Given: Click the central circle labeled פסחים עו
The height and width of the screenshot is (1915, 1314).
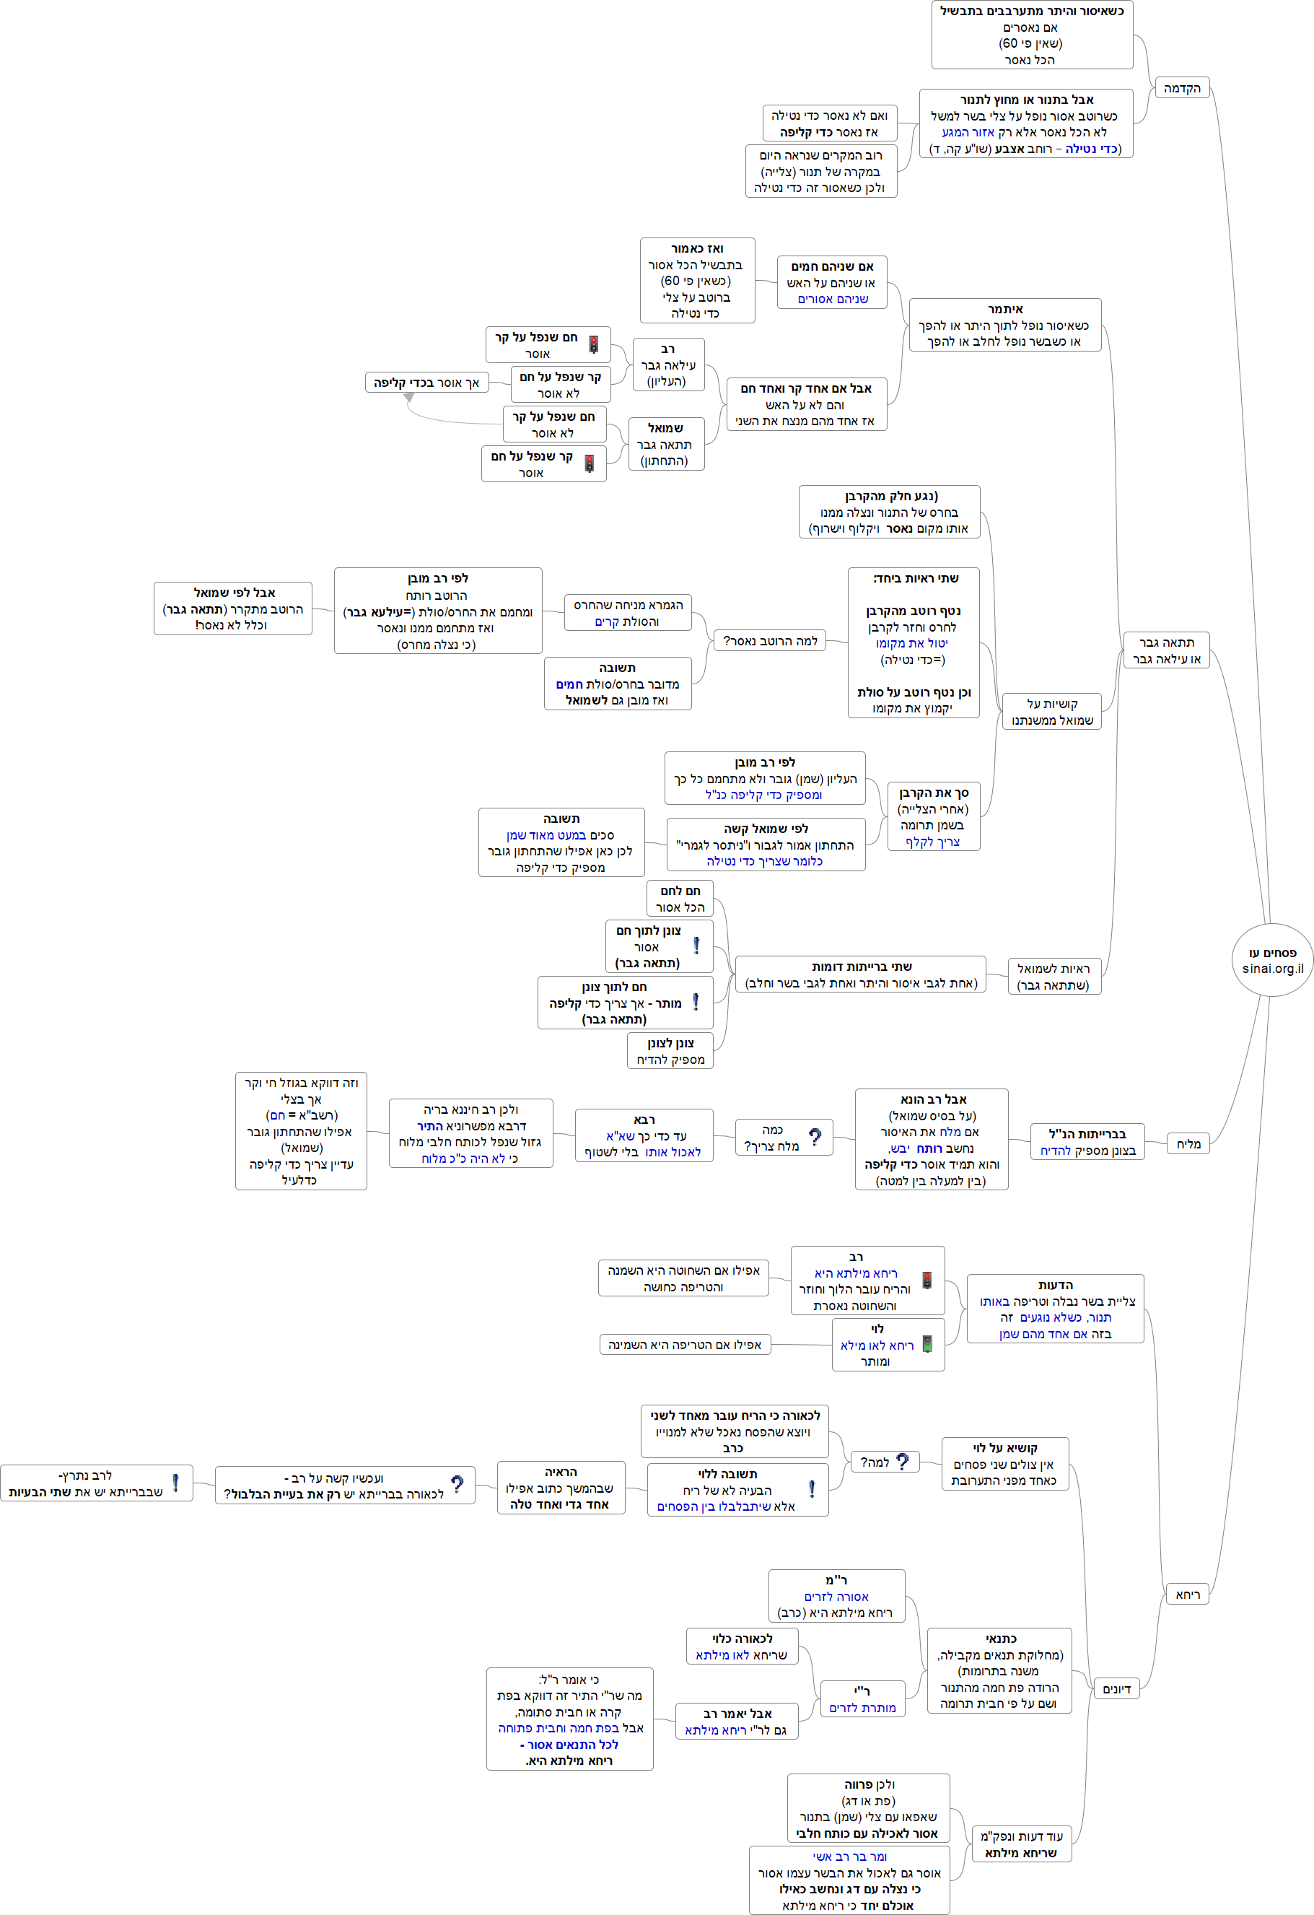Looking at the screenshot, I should (x=1272, y=960).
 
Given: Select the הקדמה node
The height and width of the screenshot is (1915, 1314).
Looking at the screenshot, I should (x=1181, y=88).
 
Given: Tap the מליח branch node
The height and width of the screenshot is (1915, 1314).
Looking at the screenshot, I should (x=1188, y=1143).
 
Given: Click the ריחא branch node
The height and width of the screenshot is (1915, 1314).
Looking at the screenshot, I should (x=1187, y=1595).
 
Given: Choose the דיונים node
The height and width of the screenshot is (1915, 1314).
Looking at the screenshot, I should (x=1116, y=1688).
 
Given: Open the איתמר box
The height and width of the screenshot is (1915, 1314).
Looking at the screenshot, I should (x=1004, y=325).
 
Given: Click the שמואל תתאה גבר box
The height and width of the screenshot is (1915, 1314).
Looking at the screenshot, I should (x=665, y=444).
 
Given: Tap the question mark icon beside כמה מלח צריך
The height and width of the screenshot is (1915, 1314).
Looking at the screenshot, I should (x=815, y=1137).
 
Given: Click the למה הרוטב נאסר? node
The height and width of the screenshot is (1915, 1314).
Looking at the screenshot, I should (x=770, y=640).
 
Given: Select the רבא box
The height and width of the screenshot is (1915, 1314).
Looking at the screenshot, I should (x=644, y=1135).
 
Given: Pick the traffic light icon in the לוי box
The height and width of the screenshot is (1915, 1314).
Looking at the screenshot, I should (x=927, y=1344).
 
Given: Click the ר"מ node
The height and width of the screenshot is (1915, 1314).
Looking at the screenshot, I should (x=836, y=1596).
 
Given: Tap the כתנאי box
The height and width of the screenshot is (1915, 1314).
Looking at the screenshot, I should (x=999, y=1670).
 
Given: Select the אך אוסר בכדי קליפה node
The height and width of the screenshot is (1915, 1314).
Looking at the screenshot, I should (x=426, y=383).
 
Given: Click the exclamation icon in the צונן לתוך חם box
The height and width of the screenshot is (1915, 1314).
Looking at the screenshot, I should (x=696, y=946).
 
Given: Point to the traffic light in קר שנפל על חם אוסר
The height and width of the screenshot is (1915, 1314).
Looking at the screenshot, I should (x=589, y=464).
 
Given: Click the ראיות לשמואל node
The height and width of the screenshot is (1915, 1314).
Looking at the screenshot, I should (x=1053, y=977).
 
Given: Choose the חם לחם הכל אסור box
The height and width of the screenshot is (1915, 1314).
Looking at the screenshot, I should (x=680, y=898).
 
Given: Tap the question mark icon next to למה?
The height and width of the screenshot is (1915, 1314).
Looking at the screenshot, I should (x=902, y=1462).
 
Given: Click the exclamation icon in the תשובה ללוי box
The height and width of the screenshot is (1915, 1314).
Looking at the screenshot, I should (x=812, y=1489).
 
